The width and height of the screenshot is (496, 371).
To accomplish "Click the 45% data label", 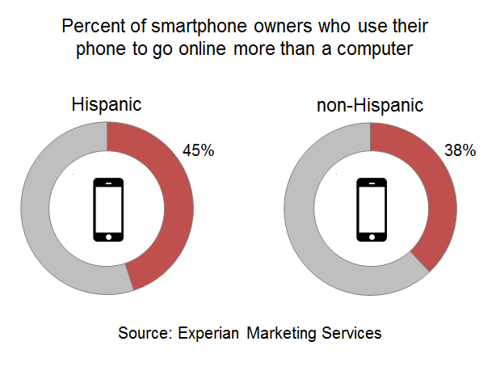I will point(199,151).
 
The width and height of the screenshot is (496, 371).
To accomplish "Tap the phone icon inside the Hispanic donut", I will point(108,209).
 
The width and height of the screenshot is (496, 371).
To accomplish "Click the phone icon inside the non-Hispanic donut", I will point(371,209).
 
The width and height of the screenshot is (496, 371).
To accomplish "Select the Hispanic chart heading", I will point(107,105).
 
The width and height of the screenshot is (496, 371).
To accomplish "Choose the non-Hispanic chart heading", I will point(370,105).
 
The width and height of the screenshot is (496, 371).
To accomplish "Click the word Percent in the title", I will point(90,27).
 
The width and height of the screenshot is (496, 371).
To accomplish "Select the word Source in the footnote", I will point(141,333).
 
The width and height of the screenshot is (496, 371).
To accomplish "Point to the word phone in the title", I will point(100,50).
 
